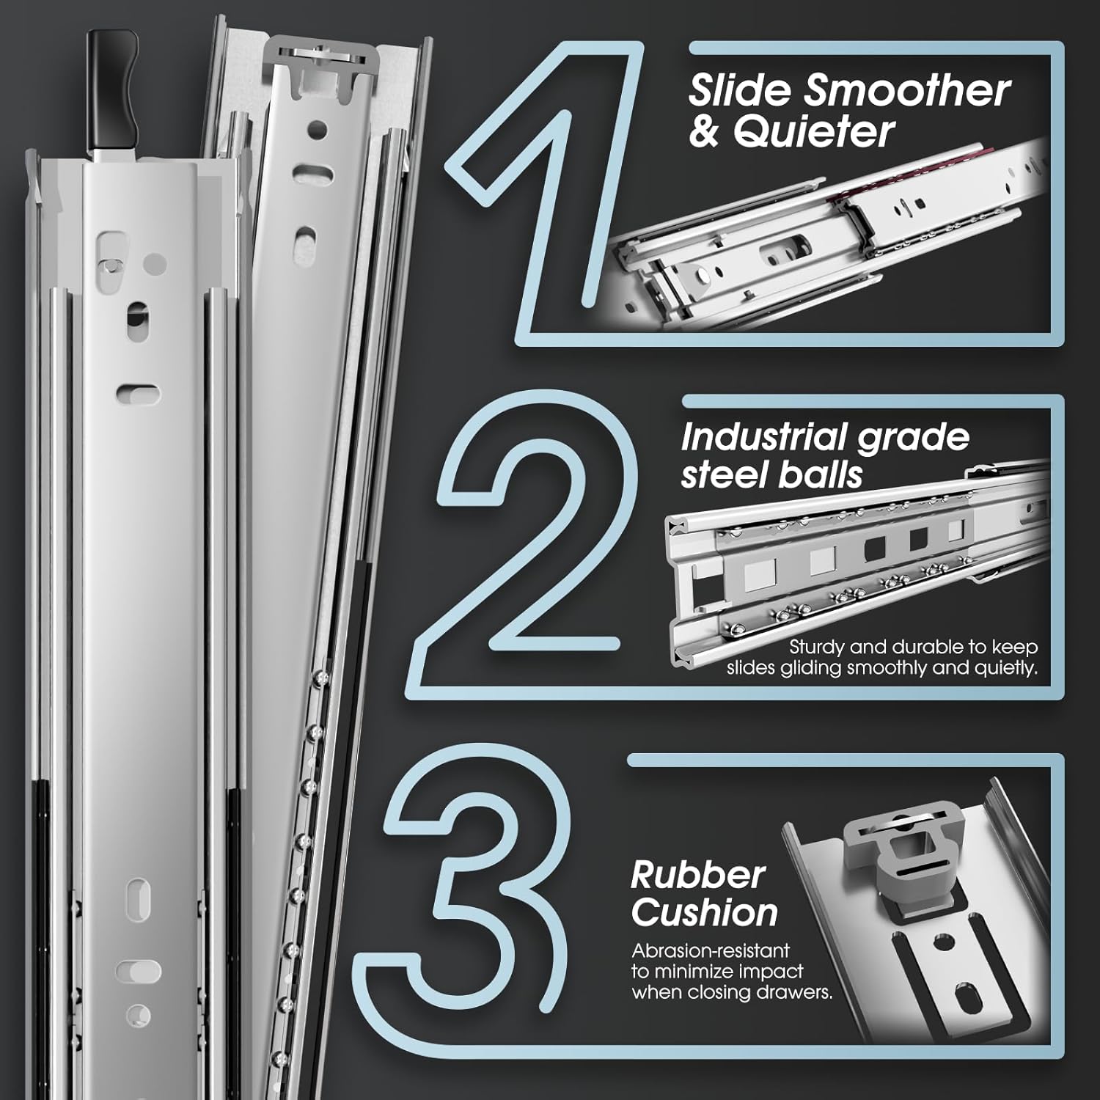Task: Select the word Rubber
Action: [x=697, y=875]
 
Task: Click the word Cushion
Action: [x=704, y=913]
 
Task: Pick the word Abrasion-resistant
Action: [x=711, y=950]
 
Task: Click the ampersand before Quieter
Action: [x=705, y=132]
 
